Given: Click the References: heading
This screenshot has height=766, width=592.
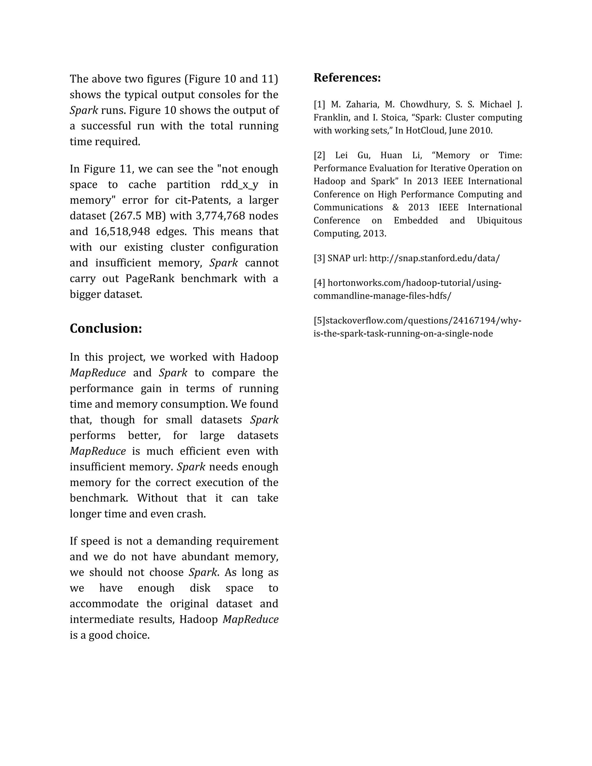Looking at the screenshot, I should [347, 77].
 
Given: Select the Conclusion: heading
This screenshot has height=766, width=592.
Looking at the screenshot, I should [106, 328].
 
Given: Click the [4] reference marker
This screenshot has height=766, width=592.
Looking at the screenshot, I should [319, 283].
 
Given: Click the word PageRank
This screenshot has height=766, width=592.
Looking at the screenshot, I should [150, 278].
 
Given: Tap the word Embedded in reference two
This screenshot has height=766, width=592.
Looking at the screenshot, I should [416, 220].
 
